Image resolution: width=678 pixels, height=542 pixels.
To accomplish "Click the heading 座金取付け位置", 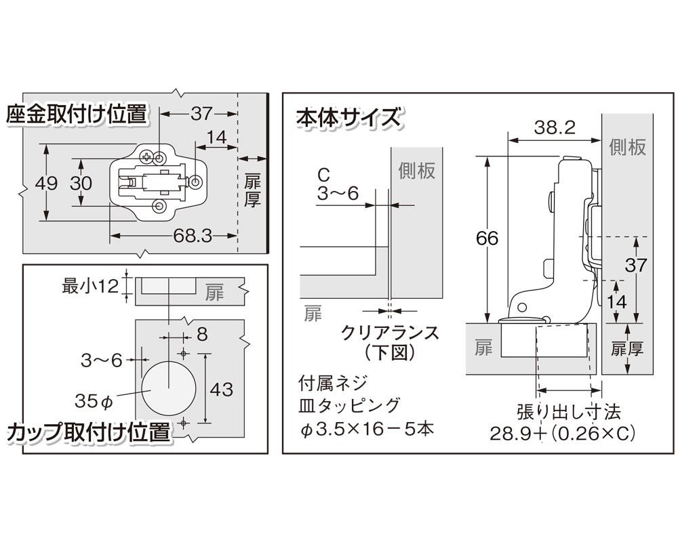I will coord(77,114).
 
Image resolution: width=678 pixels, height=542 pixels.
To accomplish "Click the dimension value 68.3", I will coord(193,236).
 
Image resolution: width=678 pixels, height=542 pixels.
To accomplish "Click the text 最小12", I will coord(90,285).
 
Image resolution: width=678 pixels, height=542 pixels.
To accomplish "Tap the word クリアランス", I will coord(390,333).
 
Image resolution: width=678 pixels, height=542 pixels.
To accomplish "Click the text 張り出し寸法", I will coord(567,411).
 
